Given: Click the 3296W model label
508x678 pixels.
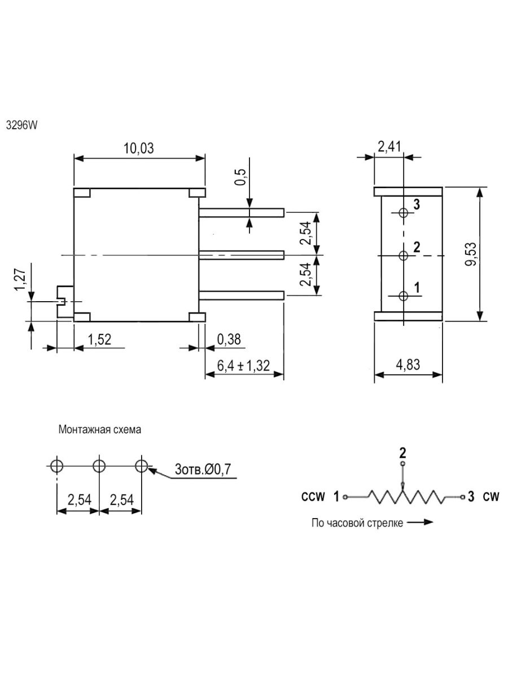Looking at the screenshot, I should tap(21, 125).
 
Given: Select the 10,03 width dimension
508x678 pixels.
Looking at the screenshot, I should tap(139, 149).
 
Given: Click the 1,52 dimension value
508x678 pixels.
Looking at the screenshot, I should tap(99, 339).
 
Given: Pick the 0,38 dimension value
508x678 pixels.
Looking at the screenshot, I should tap(229, 339).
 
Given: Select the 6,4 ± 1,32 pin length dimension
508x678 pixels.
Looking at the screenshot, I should tap(243, 366).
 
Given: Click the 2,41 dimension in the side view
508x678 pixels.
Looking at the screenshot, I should tap(389, 148).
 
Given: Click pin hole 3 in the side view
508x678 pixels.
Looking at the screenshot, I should tap(403, 213).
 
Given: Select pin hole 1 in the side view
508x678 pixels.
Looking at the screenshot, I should tap(403, 296).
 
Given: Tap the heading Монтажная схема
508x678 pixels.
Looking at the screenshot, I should tap(99, 429).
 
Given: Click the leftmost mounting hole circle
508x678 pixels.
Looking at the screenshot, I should tap(57, 466).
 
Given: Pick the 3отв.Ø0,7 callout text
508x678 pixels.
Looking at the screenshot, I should tap(203, 468).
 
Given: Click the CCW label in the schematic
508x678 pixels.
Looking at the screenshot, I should tap(313, 497).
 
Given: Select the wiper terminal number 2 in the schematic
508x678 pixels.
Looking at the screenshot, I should tap(402, 453).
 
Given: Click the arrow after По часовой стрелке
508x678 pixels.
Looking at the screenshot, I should tap(421, 523).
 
